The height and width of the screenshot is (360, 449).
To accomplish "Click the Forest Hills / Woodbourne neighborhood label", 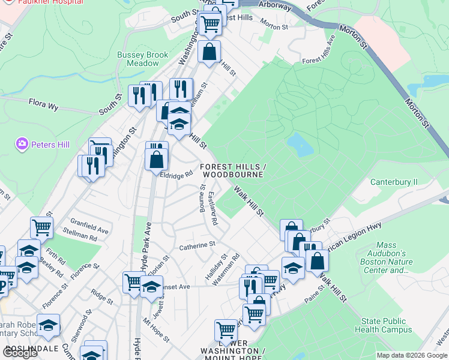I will [232, 170].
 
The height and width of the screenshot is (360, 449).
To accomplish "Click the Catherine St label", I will [197, 245].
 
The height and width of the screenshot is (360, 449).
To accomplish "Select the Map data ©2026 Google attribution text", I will [412, 355].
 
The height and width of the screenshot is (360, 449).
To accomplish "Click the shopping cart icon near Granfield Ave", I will [41, 227].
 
